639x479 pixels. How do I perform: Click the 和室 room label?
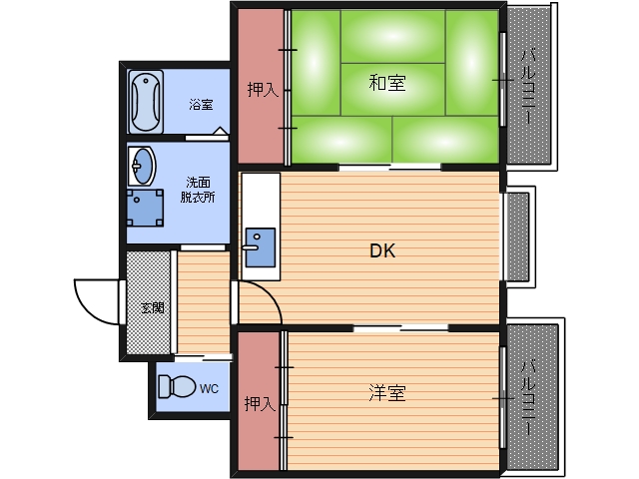(386, 84)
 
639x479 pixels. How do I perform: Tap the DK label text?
(382, 251)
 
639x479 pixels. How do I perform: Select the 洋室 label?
(386, 393)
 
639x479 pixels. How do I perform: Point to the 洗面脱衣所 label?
(198, 190)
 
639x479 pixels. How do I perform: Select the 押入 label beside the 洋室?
(260, 403)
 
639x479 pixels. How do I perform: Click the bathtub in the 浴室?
(146, 101)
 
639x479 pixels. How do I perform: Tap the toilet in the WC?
(179, 385)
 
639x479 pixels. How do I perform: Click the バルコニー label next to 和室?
(529, 87)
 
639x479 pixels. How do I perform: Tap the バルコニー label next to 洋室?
(529, 397)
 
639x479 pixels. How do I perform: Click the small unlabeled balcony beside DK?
(517, 237)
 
